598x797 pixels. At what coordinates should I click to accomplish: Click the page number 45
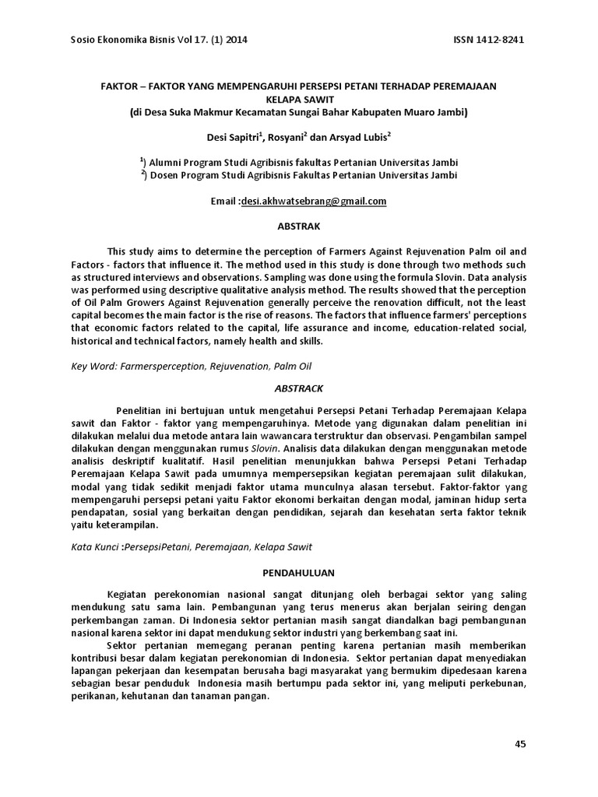click(521, 744)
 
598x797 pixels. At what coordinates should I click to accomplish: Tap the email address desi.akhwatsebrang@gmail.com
click(314, 201)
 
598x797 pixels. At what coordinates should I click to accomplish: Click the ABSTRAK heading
click(299, 226)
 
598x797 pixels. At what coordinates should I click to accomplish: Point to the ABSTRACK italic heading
click(299, 388)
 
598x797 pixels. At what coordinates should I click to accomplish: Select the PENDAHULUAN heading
click(299, 573)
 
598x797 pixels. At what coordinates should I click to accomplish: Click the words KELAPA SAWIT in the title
click(299, 100)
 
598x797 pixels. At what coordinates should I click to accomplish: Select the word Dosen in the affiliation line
click(167, 175)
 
